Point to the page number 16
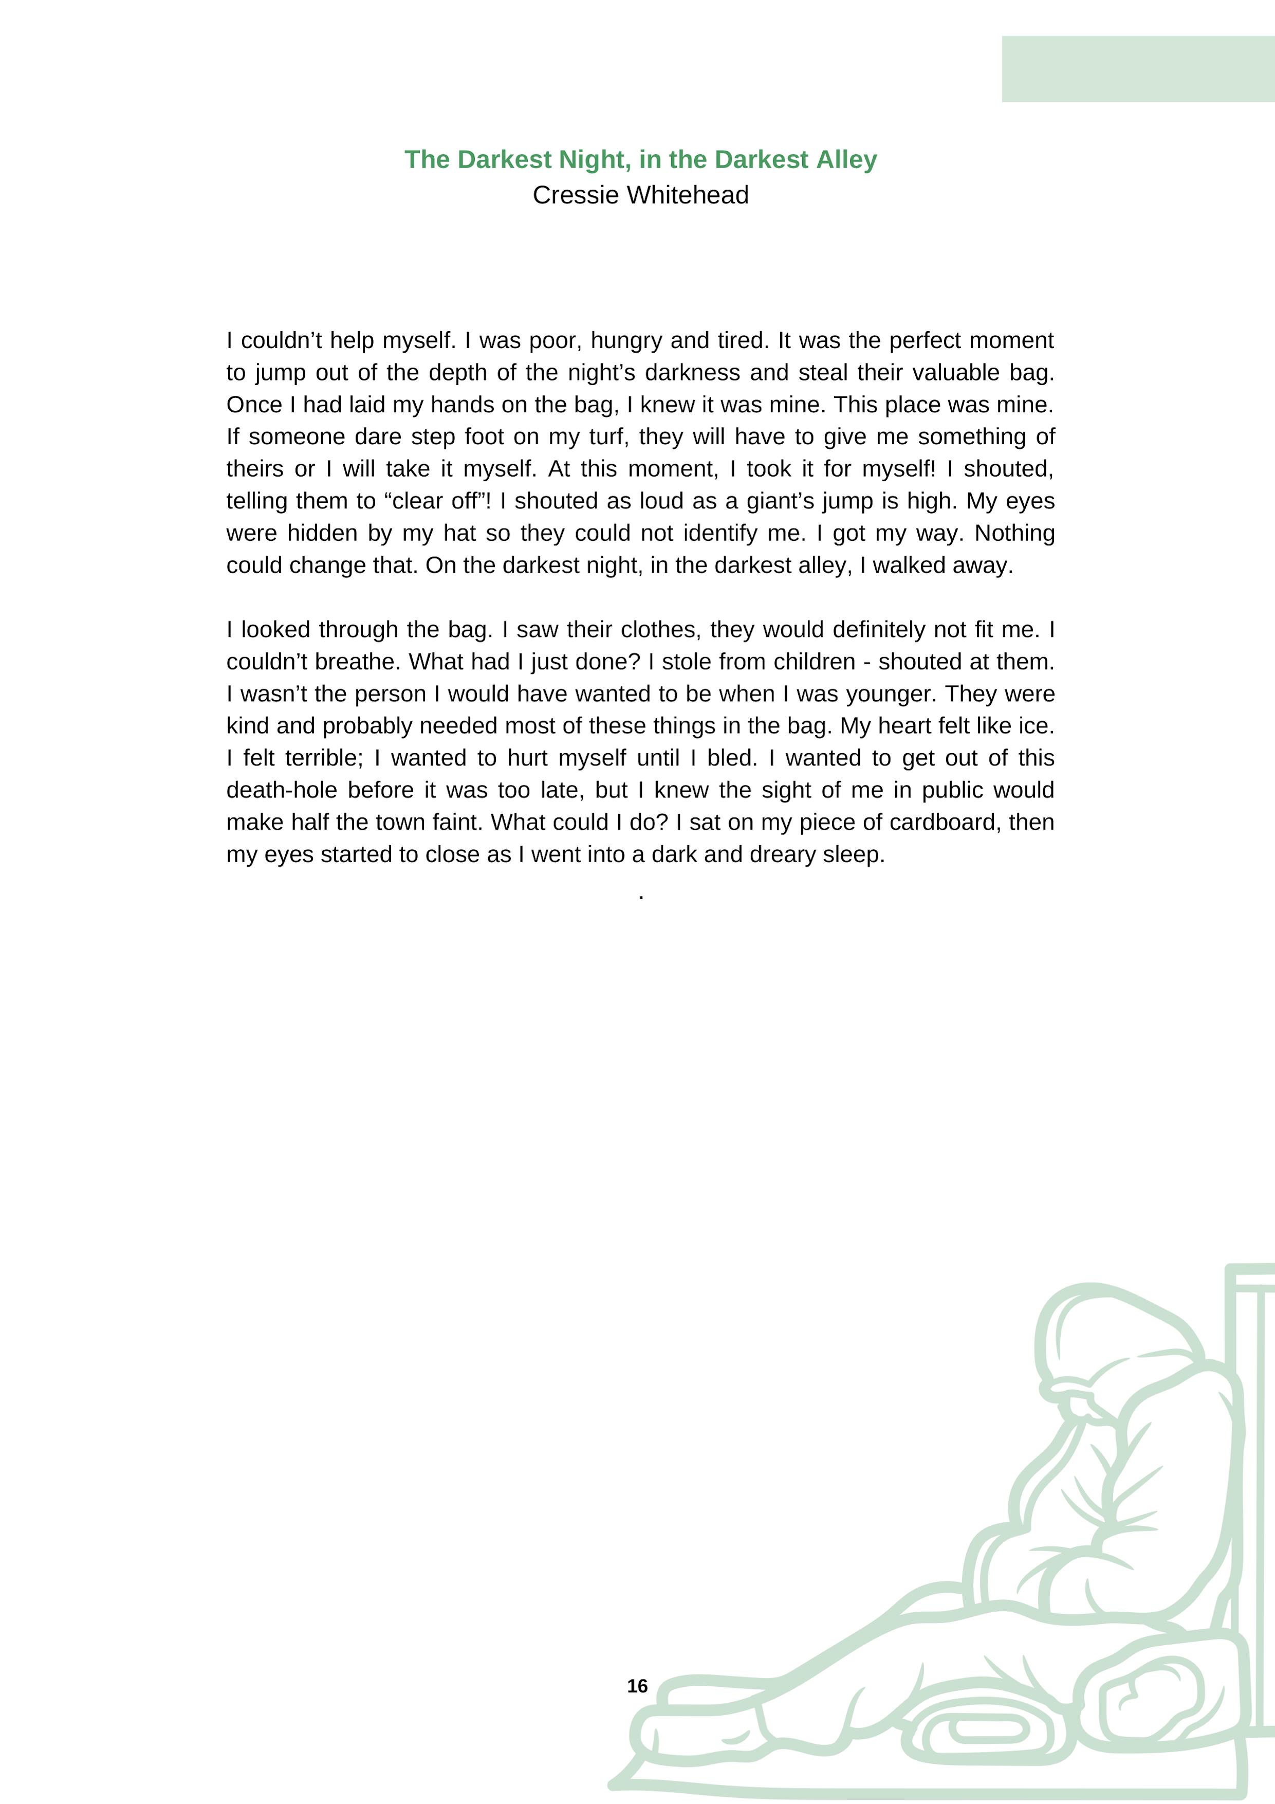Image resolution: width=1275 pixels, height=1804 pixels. (637, 1686)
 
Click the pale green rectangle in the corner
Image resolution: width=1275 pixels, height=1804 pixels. (1137, 69)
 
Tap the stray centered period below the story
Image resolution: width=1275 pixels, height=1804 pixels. (642, 897)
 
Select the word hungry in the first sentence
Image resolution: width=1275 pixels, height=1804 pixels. (626, 341)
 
